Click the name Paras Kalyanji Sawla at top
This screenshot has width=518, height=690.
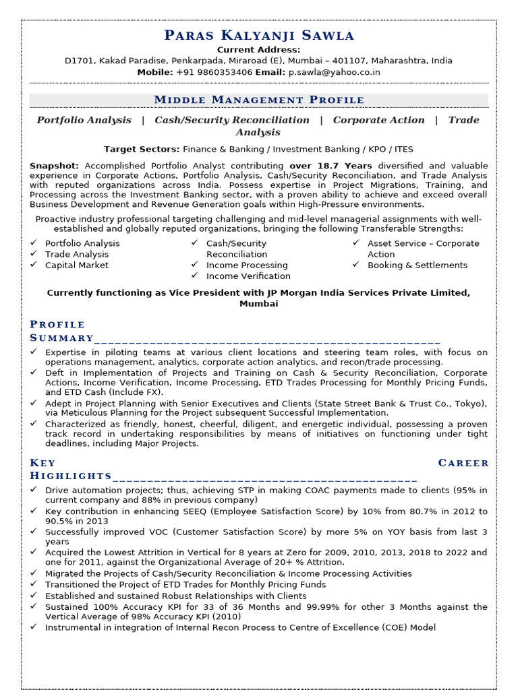tap(258, 35)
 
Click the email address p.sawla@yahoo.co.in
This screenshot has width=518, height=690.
tap(334, 72)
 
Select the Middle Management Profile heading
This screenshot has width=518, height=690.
tap(258, 100)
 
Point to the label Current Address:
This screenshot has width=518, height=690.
tap(258, 50)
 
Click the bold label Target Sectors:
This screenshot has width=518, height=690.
tap(142, 149)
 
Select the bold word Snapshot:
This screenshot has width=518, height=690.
tap(55, 165)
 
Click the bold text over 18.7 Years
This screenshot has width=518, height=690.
tap(330, 165)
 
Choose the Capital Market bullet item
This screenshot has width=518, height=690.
tap(76, 265)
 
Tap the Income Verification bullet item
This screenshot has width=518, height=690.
tap(248, 276)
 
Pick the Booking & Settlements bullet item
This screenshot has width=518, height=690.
tap(417, 265)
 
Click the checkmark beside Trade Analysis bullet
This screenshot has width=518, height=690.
tap(34, 254)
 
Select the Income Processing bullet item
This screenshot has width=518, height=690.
tap(247, 265)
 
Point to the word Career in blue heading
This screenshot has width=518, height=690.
tap(463, 462)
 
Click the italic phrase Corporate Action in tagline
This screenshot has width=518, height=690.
tap(378, 120)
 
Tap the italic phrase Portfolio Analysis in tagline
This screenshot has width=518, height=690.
tap(84, 120)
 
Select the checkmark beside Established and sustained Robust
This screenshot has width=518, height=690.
tap(34, 596)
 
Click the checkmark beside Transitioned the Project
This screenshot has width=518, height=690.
tap(34, 584)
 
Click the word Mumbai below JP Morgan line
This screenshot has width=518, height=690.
tap(258, 303)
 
